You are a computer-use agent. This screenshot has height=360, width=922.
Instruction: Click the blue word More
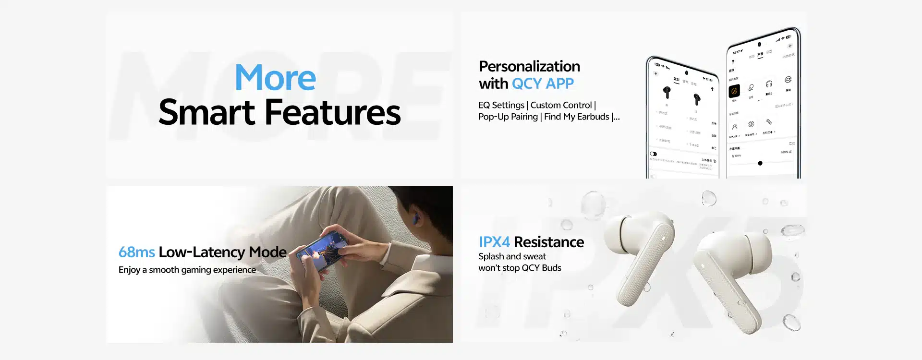[275, 78]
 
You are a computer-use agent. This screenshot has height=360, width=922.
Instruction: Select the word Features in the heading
[332, 112]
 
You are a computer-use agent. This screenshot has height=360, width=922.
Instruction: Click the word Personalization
[529, 66]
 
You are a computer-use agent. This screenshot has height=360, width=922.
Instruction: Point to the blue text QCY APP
[543, 84]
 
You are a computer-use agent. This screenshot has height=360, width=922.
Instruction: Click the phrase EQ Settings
[501, 105]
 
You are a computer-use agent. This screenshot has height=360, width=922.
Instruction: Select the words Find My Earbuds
[576, 117]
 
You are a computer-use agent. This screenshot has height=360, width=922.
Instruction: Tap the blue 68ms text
[136, 252]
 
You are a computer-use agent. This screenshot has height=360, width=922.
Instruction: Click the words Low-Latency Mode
[222, 252]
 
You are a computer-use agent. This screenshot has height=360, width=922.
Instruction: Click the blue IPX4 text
[494, 242]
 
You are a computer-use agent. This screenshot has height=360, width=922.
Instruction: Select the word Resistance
[548, 242]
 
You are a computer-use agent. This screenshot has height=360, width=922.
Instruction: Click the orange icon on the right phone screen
[734, 91]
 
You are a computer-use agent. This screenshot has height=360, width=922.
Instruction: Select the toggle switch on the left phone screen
[654, 154]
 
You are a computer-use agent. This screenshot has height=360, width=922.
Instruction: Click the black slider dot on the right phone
[760, 163]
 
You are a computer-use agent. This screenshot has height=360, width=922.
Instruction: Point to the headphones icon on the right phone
[769, 84]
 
